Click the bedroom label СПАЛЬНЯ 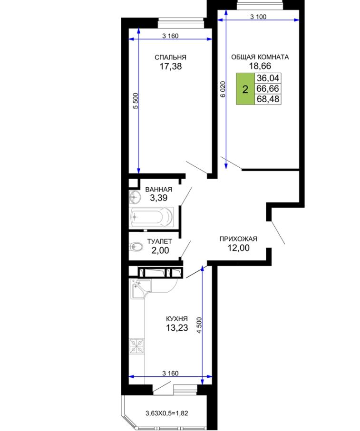tap(170, 57)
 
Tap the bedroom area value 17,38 tap(171, 67)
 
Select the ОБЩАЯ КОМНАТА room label tap(260, 57)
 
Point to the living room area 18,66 tap(260, 66)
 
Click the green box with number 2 tap(245, 89)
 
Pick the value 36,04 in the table tap(268, 78)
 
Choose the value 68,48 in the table tap(268, 99)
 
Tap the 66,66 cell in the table tap(268, 88)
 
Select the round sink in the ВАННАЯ tap(135, 197)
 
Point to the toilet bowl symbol tap(136, 247)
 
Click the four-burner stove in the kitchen tap(136, 346)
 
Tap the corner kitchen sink tap(140, 289)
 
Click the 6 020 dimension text tap(223, 89)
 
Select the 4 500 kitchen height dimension tap(199, 325)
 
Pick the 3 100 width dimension tap(258, 17)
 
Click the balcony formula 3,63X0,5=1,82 tap(167, 413)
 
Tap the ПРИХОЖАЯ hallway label tap(238, 239)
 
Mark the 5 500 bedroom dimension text tap(136, 101)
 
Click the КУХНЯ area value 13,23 tap(177, 328)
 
